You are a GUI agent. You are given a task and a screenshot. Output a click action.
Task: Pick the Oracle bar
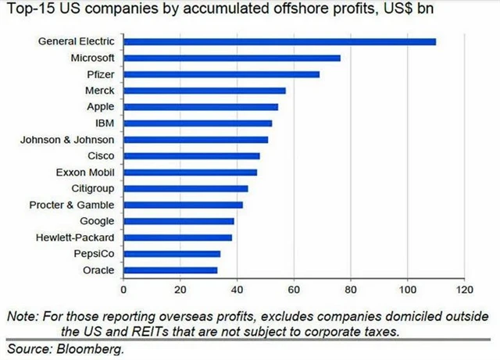click(170, 270)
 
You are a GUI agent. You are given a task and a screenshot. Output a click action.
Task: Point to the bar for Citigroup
click(186, 188)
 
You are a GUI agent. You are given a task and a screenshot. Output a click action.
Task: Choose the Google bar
click(179, 221)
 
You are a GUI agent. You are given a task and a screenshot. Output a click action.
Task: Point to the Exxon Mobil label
click(87, 172)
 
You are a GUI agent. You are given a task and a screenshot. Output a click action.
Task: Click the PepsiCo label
click(94, 254)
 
